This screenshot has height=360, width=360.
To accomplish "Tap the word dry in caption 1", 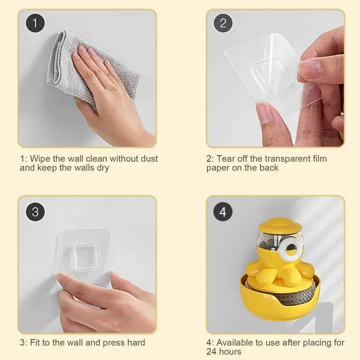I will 99,168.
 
